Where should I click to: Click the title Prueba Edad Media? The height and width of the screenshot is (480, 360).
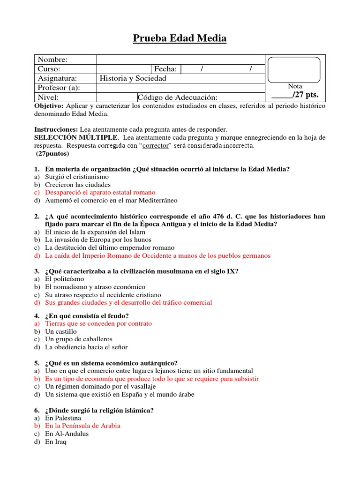tap(180, 38)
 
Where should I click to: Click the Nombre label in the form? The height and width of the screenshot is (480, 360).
tap(52, 60)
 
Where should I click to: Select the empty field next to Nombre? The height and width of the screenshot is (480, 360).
tap(180, 60)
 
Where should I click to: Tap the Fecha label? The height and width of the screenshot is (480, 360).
tap(165, 69)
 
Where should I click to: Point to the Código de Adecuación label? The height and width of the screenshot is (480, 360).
tap(178, 97)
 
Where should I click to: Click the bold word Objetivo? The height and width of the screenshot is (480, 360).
tap(49, 106)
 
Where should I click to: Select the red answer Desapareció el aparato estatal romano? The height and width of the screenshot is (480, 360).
tap(100, 193)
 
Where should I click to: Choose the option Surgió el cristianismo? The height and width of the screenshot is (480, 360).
tap(77, 177)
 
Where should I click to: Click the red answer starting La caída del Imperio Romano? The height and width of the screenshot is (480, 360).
tap(157, 256)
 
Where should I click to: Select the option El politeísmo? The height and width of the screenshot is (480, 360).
tap(65, 279)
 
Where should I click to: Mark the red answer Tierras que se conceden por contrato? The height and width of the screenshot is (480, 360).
tap(98, 323)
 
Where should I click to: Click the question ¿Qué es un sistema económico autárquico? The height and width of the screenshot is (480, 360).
tap(112, 363)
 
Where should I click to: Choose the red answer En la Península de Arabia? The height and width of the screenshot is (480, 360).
tap(82, 426)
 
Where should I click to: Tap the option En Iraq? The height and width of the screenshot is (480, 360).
tap(56, 442)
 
